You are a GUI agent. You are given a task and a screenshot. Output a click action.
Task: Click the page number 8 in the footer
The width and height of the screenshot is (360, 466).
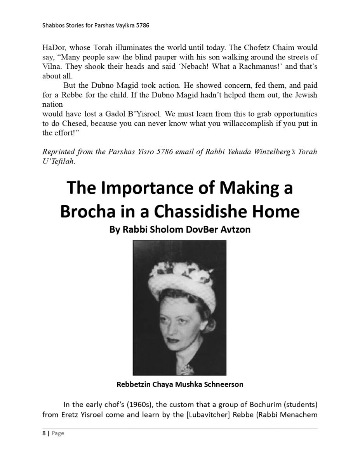tap(44, 433)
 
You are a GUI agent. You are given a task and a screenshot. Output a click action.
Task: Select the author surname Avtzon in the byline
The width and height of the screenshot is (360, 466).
tap(235, 230)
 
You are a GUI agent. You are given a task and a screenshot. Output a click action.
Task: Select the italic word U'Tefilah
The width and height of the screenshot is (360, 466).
tap(59, 162)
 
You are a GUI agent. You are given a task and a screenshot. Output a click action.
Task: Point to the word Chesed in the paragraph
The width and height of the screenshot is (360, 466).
tap(71, 123)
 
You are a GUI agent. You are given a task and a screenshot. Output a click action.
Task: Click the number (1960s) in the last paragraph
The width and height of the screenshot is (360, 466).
tap(139, 405)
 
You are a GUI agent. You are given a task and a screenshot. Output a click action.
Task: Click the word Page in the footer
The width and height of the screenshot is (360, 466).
tap(58, 433)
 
